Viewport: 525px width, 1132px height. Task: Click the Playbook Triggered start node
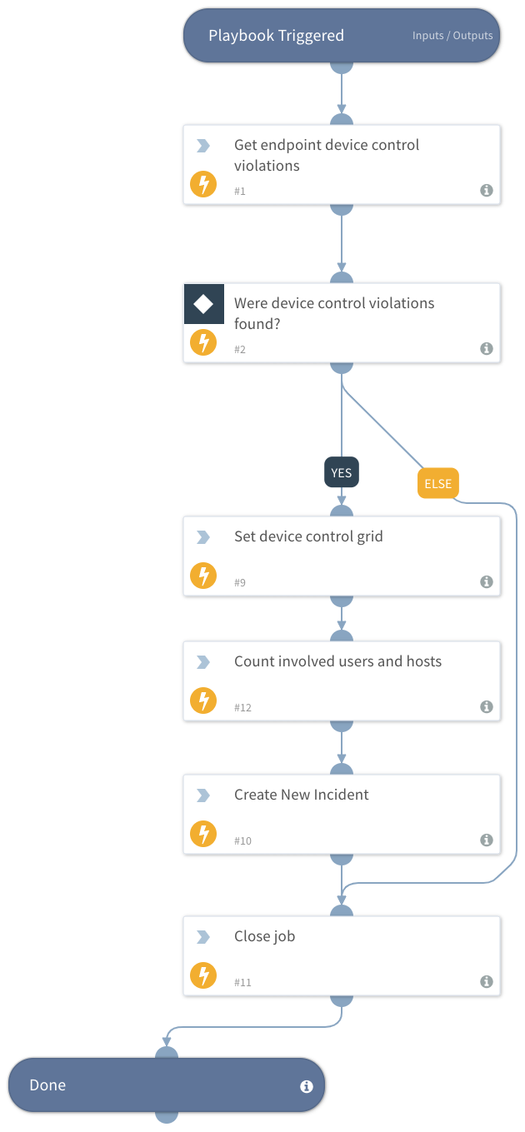tap(276, 36)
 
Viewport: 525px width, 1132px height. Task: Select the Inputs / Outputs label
tap(452, 36)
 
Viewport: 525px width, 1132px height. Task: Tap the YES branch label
tap(341, 473)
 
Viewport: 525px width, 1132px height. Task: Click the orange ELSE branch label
tap(438, 484)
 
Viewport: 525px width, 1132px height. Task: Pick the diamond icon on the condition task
tap(204, 304)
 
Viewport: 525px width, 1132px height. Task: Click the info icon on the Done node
tap(306, 1086)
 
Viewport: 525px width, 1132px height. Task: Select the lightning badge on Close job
tap(203, 975)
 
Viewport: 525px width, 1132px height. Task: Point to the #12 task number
tap(242, 708)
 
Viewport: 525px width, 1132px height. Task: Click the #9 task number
tap(240, 583)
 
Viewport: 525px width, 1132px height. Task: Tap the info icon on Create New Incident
tap(487, 840)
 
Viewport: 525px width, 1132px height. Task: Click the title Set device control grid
tap(308, 536)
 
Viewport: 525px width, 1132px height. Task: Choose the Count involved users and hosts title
tap(337, 661)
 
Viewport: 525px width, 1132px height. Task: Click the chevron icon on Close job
tap(203, 937)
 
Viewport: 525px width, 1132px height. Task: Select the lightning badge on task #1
tap(203, 184)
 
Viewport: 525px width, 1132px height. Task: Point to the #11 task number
tap(242, 983)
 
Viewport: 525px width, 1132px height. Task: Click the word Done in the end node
tap(47, 1085)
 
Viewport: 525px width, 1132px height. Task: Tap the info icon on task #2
tap(487, 349)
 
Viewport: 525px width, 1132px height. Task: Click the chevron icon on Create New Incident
tap(203, 795)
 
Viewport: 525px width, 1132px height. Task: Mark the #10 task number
tap(242, 841)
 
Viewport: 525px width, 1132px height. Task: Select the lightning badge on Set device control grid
tap(203, 576)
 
